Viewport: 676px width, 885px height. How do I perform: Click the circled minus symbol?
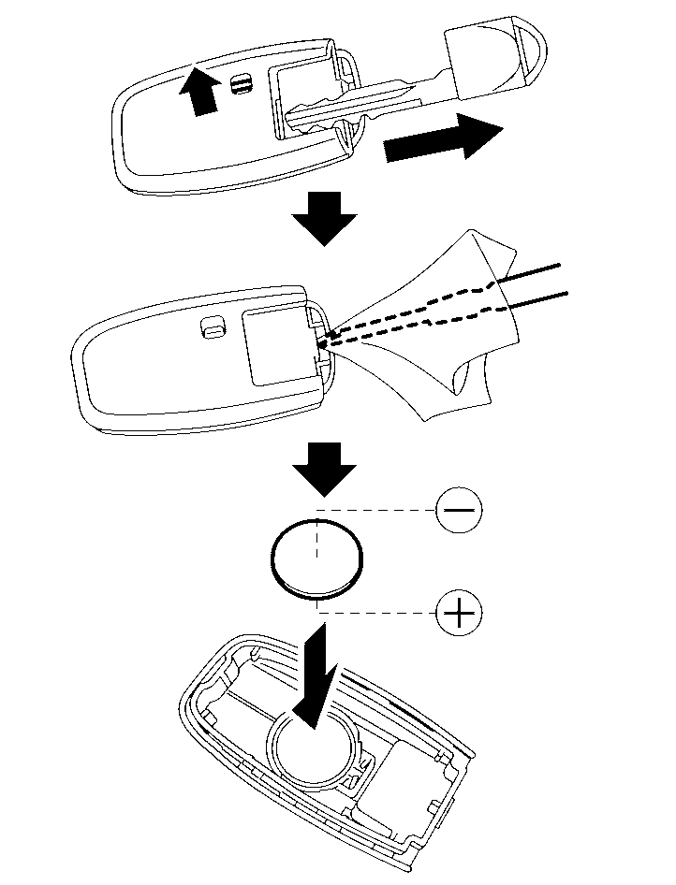point(459,511)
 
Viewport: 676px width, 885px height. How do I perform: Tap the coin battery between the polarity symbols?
point(316,559)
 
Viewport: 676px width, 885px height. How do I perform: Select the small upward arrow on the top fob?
point(198,92)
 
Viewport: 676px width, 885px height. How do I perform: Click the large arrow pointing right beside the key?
point(443,138)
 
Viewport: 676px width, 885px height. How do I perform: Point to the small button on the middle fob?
point(213,326)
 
